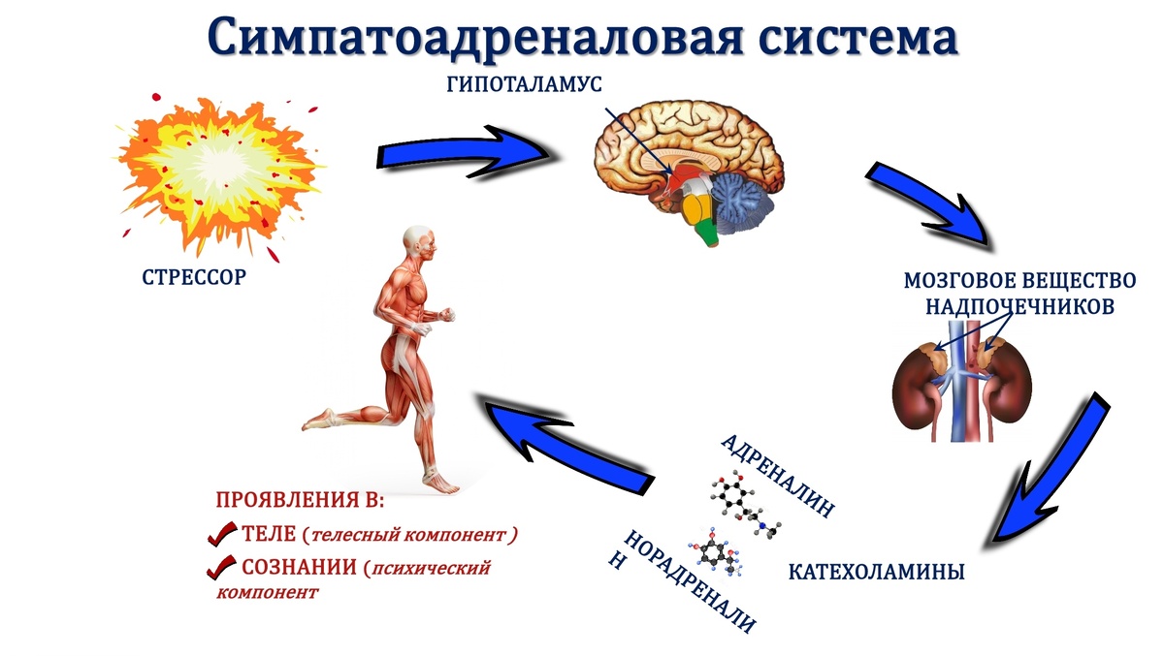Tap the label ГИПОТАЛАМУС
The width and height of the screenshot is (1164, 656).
pos(524,84)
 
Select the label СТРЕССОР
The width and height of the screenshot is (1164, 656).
pos(194,278)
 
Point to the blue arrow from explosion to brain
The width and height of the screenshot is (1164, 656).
pos(466,154)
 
